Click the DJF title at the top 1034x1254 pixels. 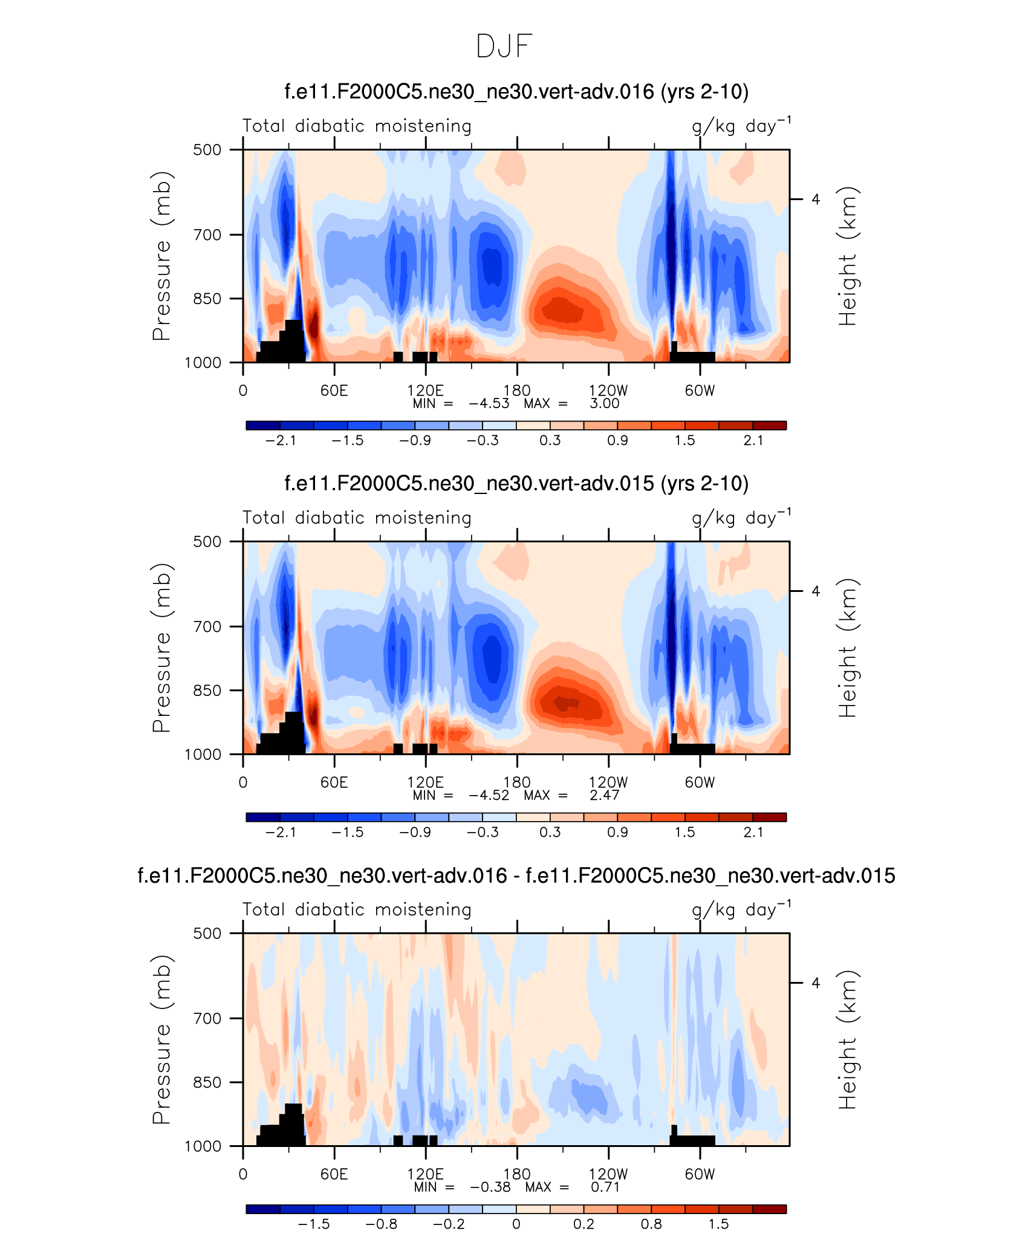click(x=504, y=47)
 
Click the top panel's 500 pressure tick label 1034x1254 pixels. click(x=207, y=150)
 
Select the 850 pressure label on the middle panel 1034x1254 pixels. click(x=207, y=690)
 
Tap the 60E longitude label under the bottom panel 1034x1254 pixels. click(x=334, y=1174)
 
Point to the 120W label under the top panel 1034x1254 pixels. click(x=608, y=391)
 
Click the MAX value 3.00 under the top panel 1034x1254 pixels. click(x=605, y=404)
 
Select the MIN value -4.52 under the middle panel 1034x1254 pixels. click(x=489, y=796)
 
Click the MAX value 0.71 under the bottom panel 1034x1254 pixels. click(x=605, y=1187)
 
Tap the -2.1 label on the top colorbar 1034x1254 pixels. click(x=281, y=441)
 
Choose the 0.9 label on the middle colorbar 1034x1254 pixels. click(x=617, y=833)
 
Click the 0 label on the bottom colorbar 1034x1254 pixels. click(x=516, y=1224)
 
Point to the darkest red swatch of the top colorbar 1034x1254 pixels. click(x=769, y=426)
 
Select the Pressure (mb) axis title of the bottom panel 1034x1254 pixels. click(x=162, y=1040)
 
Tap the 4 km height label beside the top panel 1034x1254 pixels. click(x=816, y=200)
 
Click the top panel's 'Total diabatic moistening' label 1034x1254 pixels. click(x=357, y=126)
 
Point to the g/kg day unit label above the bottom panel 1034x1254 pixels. click(x=741, y=910)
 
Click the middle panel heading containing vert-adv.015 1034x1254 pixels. click(x=516, y=484)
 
